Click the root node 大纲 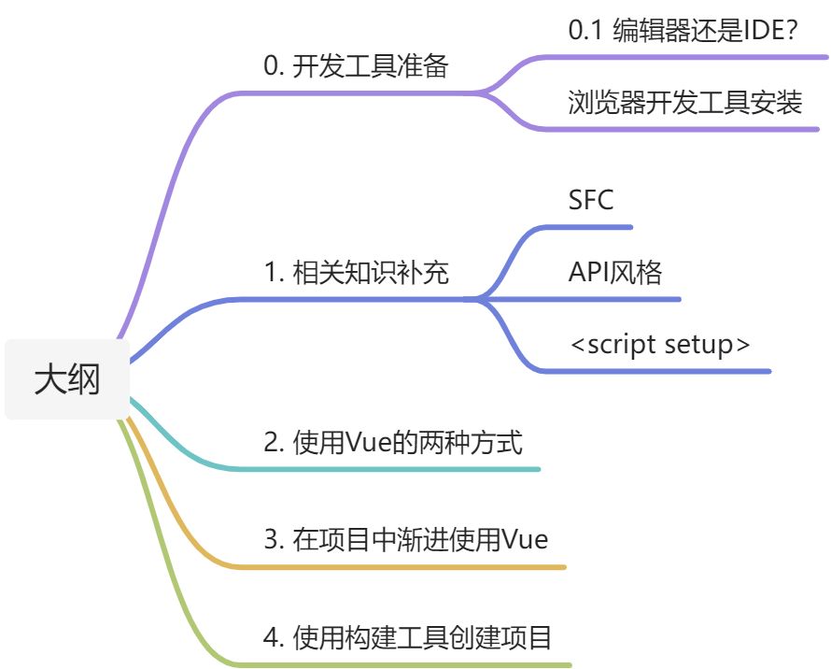click(x=67, y=379)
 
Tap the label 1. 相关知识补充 click(x=356, y=273)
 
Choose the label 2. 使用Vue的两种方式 click(x=393, y=441)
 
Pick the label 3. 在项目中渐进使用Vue click(x=405, y=539)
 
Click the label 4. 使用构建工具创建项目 click(x=407, y=638)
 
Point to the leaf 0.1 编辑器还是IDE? click(x=683, y=31)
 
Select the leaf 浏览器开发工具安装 click(x=685, y=101)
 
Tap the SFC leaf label click(x=591, y=200)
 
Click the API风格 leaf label click(x=615, y=272)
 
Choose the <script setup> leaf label click(x=660, y=344)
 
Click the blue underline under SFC click(x=598, y=227)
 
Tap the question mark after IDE click(x=790, y=31)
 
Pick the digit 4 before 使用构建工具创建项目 click(x=272, y=639)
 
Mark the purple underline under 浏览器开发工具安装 click(x=691, y=128)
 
